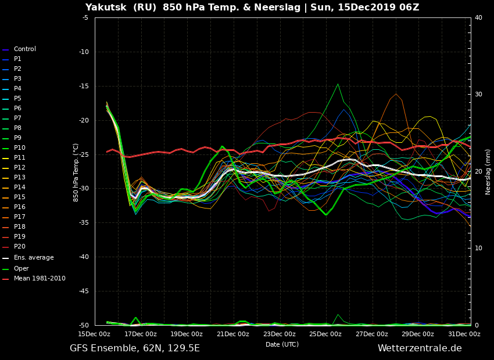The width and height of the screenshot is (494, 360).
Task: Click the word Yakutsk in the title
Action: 108,7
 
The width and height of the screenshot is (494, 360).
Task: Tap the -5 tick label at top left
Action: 85,17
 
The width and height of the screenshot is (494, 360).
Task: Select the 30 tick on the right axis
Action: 478,95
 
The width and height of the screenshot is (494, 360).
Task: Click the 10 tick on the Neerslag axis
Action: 478,248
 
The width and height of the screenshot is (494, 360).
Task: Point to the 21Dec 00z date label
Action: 233,334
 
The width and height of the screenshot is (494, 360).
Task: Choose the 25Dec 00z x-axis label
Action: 325,334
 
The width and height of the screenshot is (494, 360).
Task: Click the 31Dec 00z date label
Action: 464,334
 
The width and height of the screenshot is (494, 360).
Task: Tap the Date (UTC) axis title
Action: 282,344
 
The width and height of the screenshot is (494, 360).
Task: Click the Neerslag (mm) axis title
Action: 488,172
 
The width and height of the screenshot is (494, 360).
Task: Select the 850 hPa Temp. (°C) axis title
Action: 76,172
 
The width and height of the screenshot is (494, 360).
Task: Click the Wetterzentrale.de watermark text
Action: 420,348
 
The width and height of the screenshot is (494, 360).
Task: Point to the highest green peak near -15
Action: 338,84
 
